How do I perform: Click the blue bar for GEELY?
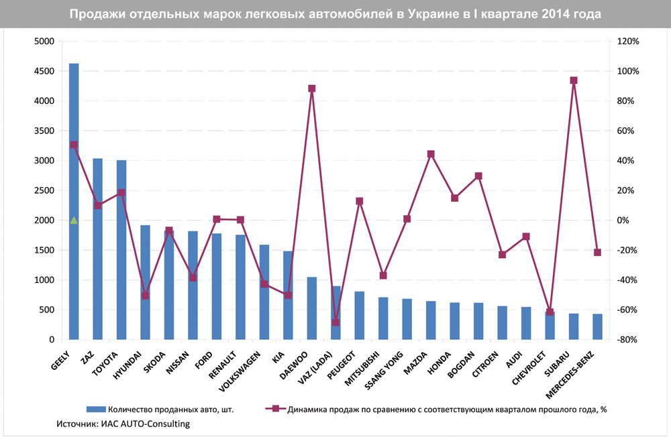tap(74, 201)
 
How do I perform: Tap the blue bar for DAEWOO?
tap(311, 308)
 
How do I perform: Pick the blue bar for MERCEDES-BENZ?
tap(597, 326)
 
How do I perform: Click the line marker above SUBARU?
tap(574, 80)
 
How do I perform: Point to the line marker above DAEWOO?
tap(311, 88)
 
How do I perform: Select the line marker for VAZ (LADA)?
tap(335, 322)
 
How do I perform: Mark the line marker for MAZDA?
tap(431, 154)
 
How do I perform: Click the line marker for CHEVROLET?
tap(550, 312)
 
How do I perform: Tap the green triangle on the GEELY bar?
tap(74, 220)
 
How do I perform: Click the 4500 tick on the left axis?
tap(46, 71)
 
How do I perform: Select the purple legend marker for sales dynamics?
tap(274, 408)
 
